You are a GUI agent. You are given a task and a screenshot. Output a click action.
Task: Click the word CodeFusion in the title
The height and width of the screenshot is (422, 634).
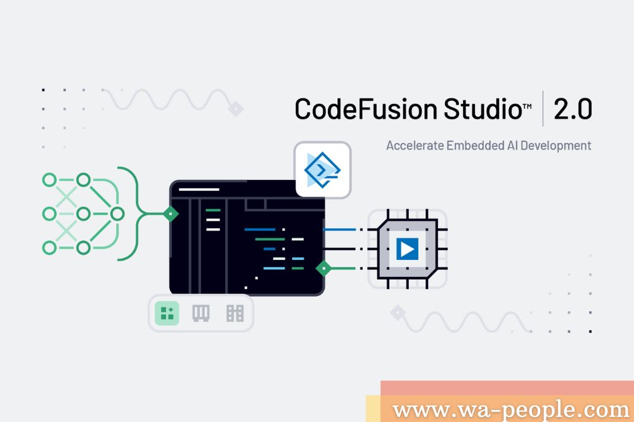pyautogui.click(x=366, y=109)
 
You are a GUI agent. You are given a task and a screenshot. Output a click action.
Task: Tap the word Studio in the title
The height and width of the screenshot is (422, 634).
pyautogui.click(x=482, y=108)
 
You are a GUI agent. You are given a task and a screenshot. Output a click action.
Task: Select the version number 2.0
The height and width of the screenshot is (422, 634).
pyautogui.click(x=573, y=109)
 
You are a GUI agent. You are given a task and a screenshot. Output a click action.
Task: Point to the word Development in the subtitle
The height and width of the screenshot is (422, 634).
pyautogui.click(x=555, y=146)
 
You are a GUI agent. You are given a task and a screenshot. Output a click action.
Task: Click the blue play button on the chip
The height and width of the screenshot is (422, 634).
pyautogui.click(x=407, y=248)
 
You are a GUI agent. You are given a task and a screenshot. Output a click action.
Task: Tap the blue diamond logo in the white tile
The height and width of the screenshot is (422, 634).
pyautogui.click(x=322, y=170)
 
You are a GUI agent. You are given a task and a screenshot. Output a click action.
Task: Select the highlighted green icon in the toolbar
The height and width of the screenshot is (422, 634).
pyautogui.click(x=167, y=313)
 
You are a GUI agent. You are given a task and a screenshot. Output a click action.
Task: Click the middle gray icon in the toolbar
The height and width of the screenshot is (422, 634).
pyautogui.click(x=200, y=313)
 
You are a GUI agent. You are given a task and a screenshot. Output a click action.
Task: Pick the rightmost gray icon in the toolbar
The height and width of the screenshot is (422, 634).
pyautogui.click(x=235, y=313)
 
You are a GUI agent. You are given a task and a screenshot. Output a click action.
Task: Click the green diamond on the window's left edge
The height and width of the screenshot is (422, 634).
pyautogui.click(x=171, y=214)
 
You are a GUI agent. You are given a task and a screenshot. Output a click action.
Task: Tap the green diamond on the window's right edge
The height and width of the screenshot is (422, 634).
pyautogui.click(x=323, y=268)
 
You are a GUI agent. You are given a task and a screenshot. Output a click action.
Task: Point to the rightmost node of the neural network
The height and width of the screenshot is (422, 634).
pyautogui.click(x=117, y=214)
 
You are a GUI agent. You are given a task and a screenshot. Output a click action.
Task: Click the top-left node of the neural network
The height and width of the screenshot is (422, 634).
pyautogui.click(x=49, y=179)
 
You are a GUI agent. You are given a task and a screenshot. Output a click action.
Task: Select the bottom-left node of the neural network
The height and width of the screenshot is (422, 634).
pyautogui.click(x=49, y=247)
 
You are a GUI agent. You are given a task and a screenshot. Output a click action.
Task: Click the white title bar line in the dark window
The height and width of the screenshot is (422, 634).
pyautogui.click(x=199, y=189)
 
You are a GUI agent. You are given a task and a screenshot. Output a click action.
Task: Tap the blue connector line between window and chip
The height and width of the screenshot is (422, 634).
pyautogui.click(x=339, y=229)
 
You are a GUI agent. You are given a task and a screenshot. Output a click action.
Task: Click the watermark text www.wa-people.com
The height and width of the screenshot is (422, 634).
pyautogui.click(x=510, y=410)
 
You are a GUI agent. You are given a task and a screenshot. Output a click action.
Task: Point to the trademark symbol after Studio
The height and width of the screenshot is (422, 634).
pyautogui.click(x=527, y=106)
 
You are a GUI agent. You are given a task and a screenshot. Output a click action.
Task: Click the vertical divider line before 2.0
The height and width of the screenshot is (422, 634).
pyautogui.click(x=543, y=108)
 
